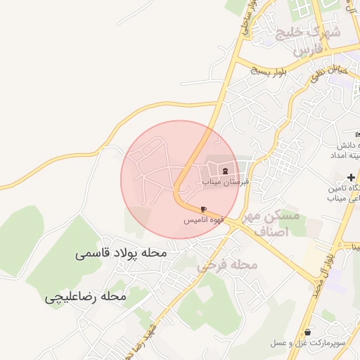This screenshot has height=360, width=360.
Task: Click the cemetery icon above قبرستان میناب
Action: click(x=226, y=171)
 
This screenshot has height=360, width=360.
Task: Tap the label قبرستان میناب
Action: click(x=226, y=181)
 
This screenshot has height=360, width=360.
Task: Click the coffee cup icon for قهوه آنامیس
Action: click(x=204, y=210)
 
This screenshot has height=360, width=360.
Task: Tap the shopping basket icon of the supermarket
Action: click(x=308, y=332)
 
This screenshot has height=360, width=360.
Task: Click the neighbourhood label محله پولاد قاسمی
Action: click(x=121, y=252)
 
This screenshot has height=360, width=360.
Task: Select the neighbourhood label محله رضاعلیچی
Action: click(x=85, y=297)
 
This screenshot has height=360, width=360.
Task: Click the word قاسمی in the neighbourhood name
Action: click(x=92, y=252)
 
